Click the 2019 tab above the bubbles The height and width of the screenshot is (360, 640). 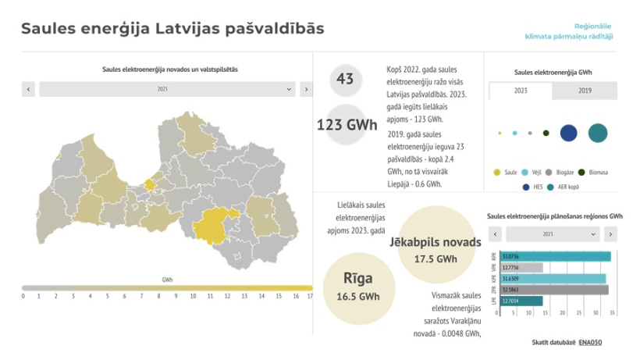tap(585, 91)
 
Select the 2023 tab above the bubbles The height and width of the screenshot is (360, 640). tap(521, 91)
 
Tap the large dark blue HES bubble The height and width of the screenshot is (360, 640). tap(569, 133)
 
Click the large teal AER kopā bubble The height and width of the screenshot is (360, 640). tap(598, 133)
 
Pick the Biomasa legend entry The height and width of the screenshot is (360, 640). tap(595, 172)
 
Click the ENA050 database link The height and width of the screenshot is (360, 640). tap(591, 342)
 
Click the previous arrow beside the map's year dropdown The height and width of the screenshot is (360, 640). tap(29, 90)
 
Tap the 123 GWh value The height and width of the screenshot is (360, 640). tap(347, 124)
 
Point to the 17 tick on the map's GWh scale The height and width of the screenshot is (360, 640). tap(311, 296)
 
